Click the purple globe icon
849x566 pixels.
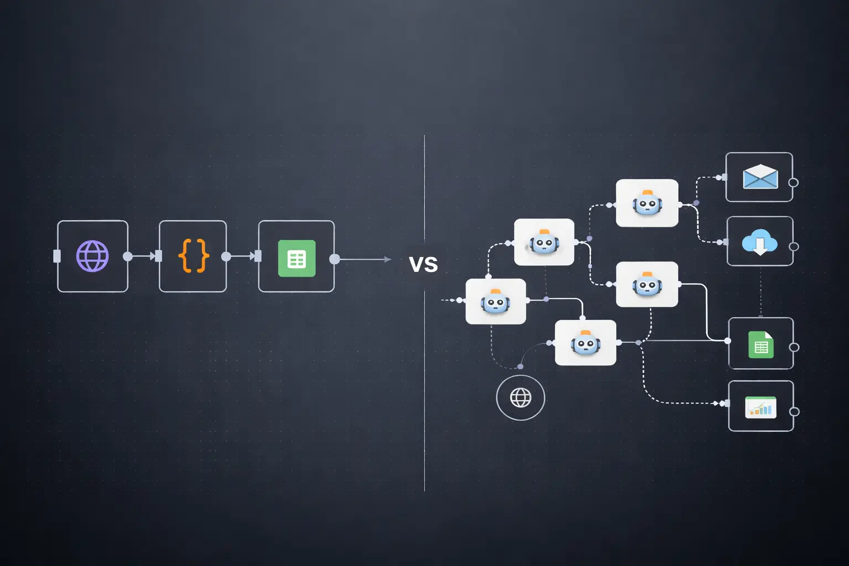coord(92,256)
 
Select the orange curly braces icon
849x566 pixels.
coord(193,256)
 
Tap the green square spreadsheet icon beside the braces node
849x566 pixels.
coord(297,258)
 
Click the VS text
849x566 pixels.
coord(423,264)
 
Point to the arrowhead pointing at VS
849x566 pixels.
coord(387,259)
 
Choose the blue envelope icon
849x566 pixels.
coord(760,177)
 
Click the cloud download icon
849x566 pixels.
coord(759,242)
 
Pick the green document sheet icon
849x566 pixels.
coord(761,345)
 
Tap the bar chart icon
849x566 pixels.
coord(761,407)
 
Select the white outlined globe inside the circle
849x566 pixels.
coord(521,397)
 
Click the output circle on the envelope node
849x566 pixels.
coord(793,182)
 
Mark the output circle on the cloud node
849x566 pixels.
coord(794,247)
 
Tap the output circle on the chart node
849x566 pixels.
coord(794,412)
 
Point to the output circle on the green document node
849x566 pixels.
coord(794,347)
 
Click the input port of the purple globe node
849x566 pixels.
coord(57,256)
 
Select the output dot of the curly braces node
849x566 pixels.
coord(226,256)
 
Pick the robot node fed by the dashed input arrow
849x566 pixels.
coord(495,301)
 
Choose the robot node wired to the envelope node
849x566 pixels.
coord(647,203)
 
